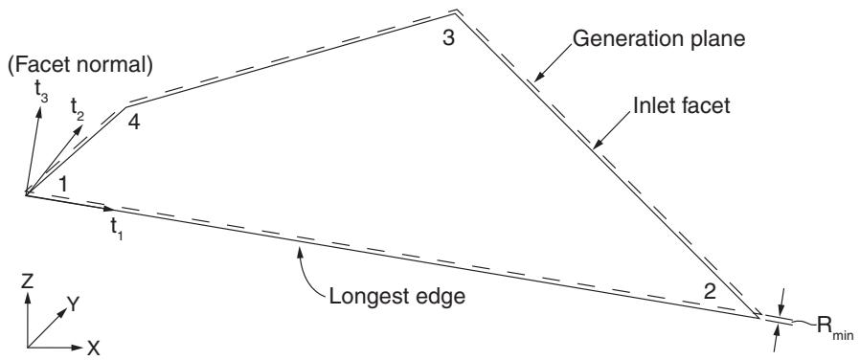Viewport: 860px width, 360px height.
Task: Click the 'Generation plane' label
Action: coord(658,39)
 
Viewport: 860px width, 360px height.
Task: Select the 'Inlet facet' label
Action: coord(682,105)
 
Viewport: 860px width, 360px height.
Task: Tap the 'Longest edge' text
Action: coord(396,297)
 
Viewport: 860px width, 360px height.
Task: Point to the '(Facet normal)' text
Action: coord(79,67)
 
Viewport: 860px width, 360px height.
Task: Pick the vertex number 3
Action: coord(448,39)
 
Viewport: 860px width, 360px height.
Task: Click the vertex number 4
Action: coord(133,122)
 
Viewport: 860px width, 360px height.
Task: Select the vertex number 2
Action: coord(710,291)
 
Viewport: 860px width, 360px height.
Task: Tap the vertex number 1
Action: coord(63,184)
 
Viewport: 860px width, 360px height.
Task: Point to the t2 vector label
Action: coord(78,108)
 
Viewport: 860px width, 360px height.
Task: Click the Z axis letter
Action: coord(28,282)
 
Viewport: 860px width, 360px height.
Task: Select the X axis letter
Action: coord(94,347)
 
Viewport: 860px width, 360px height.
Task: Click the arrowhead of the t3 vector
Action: coord(39,111)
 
